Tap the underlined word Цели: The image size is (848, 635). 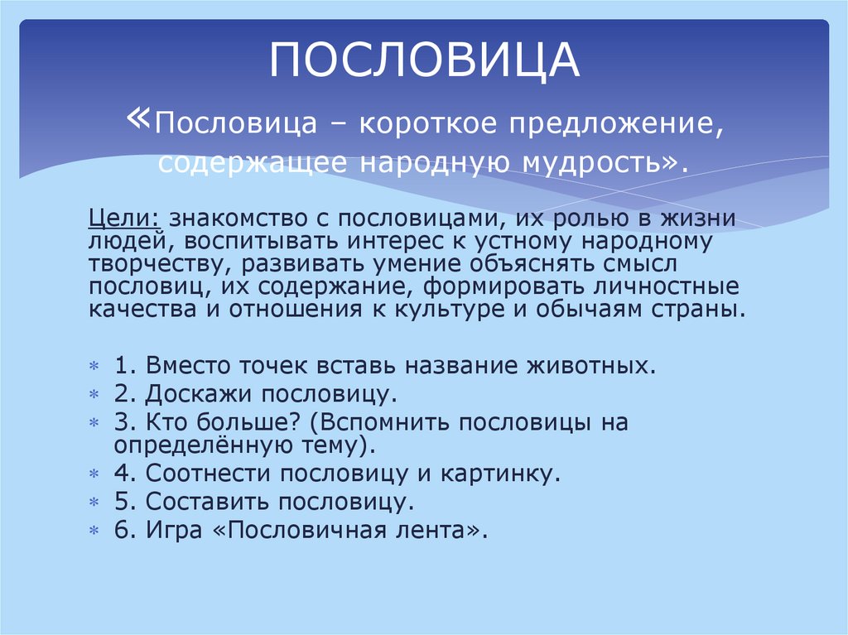pyautogui.click(x=125, y=219)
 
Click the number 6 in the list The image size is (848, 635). pyautogui.click(x=122, y=530)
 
